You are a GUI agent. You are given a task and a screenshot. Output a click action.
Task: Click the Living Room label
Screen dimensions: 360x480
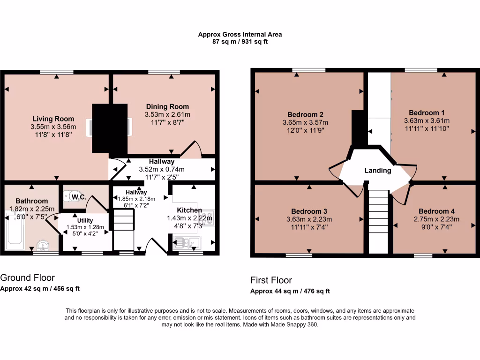pyautogui.click(x=53, y=119)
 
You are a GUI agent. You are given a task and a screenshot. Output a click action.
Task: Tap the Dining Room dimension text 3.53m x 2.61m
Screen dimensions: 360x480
pyautogui.click(x=167, y=114)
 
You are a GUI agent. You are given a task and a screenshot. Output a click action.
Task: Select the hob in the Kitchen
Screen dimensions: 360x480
pyautogui.click(x=207, y=218)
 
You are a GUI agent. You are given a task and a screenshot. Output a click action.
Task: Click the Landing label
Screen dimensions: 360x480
pyautogui.click(x=378, y=171)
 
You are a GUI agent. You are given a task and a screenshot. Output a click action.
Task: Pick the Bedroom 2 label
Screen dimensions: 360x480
pyautogui.click(x=306, y=114)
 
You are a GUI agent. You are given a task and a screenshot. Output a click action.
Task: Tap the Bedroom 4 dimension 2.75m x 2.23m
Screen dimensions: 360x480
pyautogui.click(x=436, y=219)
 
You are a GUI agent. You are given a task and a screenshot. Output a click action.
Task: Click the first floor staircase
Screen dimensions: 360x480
pyautogui.click(x=379, y=220)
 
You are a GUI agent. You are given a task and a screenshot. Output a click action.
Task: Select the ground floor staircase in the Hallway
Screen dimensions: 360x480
pyautogui.click(x=124, y=229)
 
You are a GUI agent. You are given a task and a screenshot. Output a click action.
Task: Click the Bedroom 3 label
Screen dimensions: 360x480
pyautogui.click(x=309, y=211)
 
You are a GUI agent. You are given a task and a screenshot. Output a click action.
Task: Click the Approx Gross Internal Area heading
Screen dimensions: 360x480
pyautogui.click(x=240, y=34)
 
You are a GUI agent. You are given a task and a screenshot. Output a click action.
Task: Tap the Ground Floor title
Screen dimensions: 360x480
pyautogui.click(x=28, y=277)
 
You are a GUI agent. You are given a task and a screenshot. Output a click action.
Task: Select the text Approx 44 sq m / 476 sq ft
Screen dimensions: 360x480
pyautogui.click(x=290, y=291)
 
